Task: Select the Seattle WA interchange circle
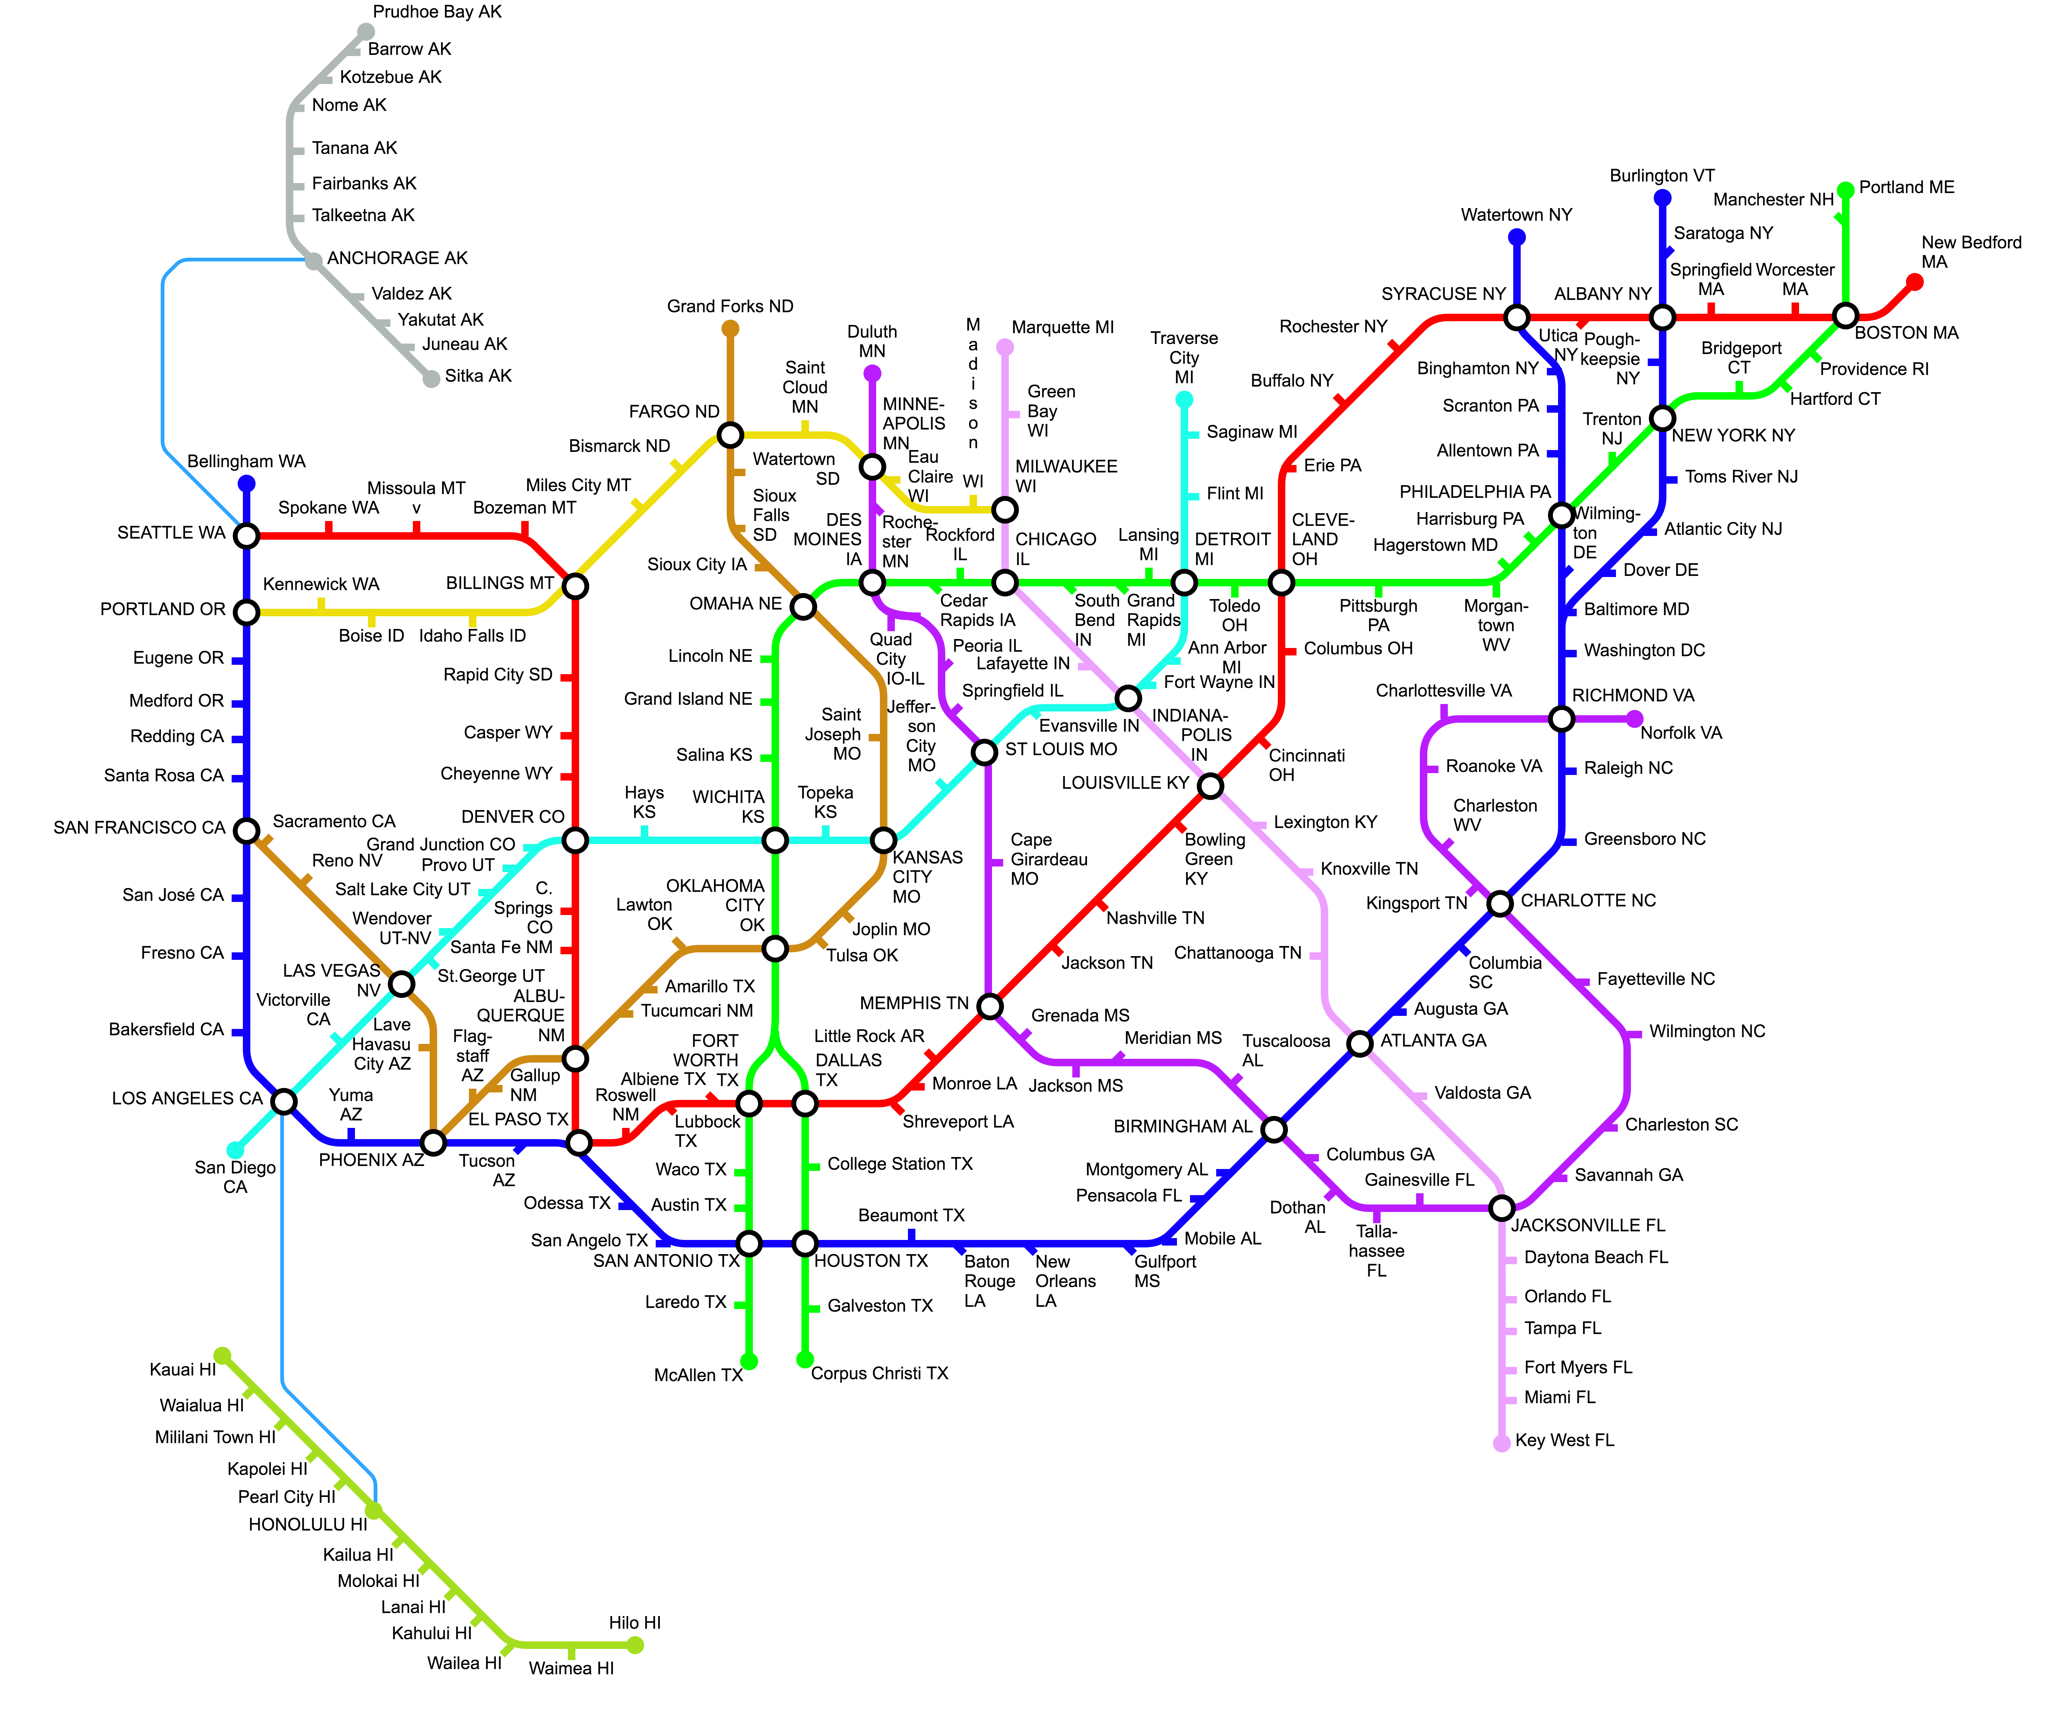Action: click(x=247, y=535)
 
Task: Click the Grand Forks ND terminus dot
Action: click(x=730, y=329)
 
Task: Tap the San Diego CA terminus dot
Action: click(x=235, y=1150)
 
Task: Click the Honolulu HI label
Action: click(x=307, y=1524)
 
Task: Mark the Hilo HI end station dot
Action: click(x=636, y=1645)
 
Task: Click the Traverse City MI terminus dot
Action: click(x=1184, y=399)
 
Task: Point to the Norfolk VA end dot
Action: click(x=1634, y=719)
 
